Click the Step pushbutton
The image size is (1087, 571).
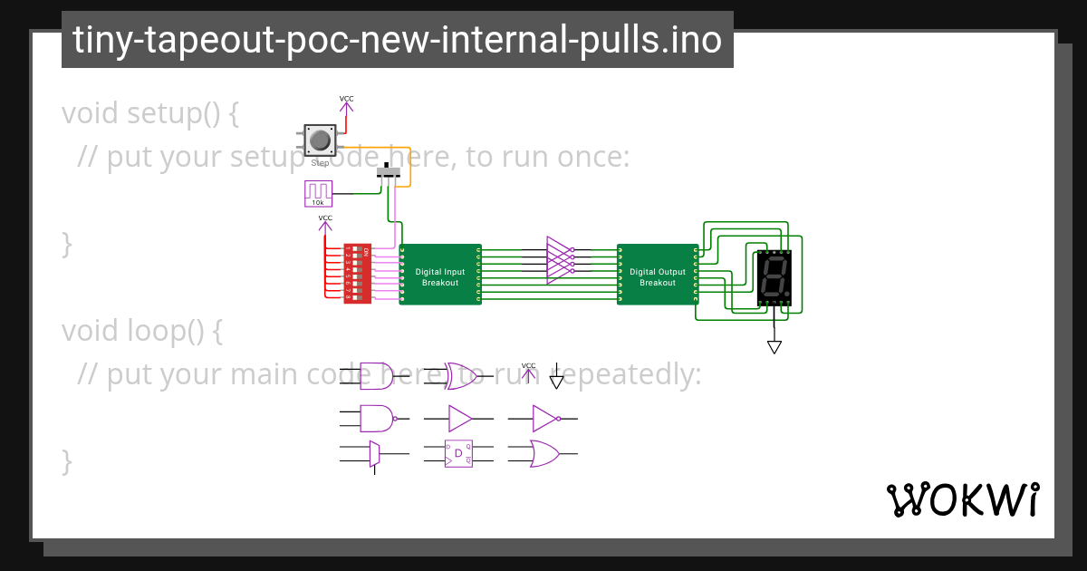[x=320, y=140]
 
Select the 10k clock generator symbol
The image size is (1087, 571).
[x=318, y=192]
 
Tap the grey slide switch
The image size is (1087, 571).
[x=390, y=172]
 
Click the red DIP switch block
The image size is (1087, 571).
[x=357, y=273]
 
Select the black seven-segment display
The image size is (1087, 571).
[x=774, y=277]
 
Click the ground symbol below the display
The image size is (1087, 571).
[x=774, y=346]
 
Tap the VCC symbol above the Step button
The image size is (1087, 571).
[x=347, y=102]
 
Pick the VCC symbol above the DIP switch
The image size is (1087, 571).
[x=325, y=222]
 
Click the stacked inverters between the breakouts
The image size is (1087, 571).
[x=560, y=260]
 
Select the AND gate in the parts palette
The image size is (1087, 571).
[x=375, y=373]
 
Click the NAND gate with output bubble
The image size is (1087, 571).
[x=377, y=418]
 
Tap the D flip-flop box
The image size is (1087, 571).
[x=458, y=452]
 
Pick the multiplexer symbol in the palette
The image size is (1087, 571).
[x=374, y=453]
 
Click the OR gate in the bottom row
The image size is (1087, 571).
[x=543, y=453]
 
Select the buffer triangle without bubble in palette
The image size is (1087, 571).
[x=460, y=418]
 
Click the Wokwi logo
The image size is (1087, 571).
[x=962, y=499]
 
